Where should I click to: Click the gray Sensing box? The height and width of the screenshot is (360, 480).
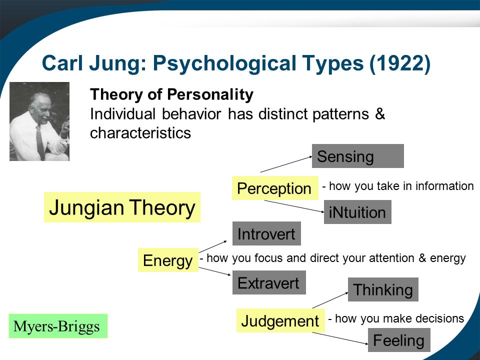pos(358,156)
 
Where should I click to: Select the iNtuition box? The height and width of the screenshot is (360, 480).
pos(357,212)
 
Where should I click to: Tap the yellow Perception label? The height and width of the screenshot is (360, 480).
pos(275,188)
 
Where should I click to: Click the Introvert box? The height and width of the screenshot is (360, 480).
pos(266,233)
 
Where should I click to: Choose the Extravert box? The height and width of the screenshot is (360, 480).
pos(269,282)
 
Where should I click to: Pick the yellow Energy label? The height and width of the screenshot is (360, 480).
pos(168,260)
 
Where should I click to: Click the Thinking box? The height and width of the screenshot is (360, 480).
pos(383,289)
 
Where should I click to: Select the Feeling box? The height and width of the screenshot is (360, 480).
pos(399,340)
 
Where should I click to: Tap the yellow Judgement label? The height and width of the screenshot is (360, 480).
pos(280,320)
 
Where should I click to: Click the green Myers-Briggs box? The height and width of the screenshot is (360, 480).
pos(58,326)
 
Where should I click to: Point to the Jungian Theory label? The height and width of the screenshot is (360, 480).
pos(122,207)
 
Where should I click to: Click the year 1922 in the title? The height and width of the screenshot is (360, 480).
pos(400,63)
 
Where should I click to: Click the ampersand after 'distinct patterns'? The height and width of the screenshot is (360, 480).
pos(379,114)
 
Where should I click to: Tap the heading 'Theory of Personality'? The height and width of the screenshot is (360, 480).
pos(171,94)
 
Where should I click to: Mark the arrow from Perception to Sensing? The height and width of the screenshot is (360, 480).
pos(286,164)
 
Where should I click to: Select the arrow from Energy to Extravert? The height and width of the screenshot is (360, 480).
pos(214,271)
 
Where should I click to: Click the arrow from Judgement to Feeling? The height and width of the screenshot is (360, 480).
pos(340,338)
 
